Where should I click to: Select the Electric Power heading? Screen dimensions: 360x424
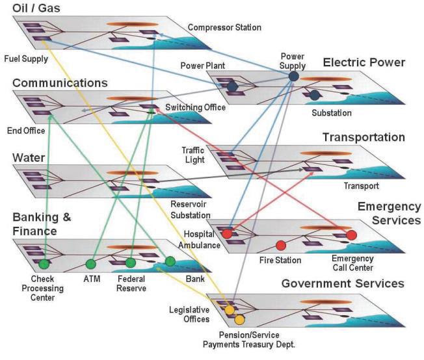(x=364, y=62)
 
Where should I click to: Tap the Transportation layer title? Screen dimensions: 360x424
(x=364, y=137)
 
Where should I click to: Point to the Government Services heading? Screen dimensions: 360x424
(x=343, y=283)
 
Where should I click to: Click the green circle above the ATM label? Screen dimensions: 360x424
(x=90, y=264)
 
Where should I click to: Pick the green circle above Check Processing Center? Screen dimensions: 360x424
(x=44, y=264)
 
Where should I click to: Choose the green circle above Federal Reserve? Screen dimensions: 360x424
(x=131, y=263)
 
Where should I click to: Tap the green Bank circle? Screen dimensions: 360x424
(x=170, y=261)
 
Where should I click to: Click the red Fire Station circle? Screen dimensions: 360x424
(x=281, y=246)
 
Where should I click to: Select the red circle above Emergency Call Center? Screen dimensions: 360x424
(x=352, y=235)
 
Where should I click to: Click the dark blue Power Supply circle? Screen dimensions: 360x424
(x=293, y=77)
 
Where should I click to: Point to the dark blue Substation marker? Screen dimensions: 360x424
(x=315, y=96)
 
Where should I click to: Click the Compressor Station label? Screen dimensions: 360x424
(x=224, y=27)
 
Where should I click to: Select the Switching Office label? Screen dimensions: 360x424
(x=195, y=107)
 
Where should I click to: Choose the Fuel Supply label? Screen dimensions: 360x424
(x=25, y=58)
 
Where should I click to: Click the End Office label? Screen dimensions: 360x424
(x=25, y=131)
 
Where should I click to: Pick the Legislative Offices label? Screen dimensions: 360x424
(x=189, y=314)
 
